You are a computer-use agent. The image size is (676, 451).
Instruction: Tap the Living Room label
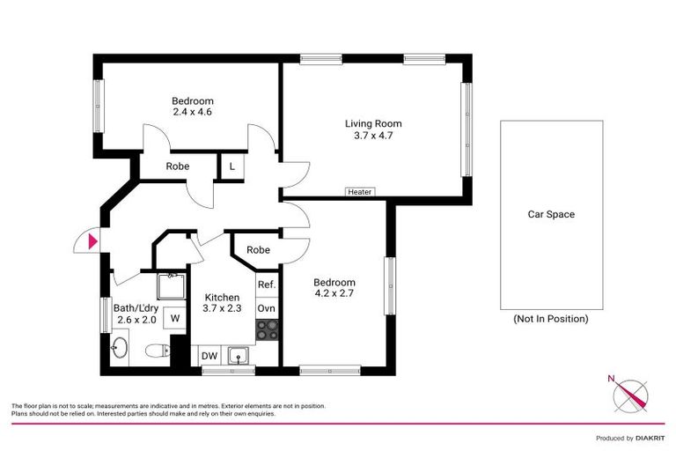coord(372,123)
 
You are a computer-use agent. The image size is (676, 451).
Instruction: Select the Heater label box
coord(359,192)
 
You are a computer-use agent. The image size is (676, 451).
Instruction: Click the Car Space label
coord(551,214)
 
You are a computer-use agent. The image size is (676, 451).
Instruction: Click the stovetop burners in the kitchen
coord(267,330)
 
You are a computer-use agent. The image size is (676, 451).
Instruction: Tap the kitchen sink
coord(237,356)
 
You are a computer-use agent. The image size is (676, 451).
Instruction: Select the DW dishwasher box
coord(209,356)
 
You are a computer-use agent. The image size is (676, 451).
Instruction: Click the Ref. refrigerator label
coord(267,285)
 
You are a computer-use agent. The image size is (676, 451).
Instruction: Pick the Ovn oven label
coord(267,308)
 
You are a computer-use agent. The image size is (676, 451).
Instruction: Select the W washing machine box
coord(175,317)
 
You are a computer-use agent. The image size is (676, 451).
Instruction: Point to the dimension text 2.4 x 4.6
coord(192,113)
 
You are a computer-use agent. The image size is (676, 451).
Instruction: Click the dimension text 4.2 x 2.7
coord(334,294)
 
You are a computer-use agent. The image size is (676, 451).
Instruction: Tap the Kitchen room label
coord(221,298)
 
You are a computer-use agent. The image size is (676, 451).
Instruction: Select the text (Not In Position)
coord(550,319)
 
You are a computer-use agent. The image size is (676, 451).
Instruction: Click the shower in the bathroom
coord(171,287)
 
